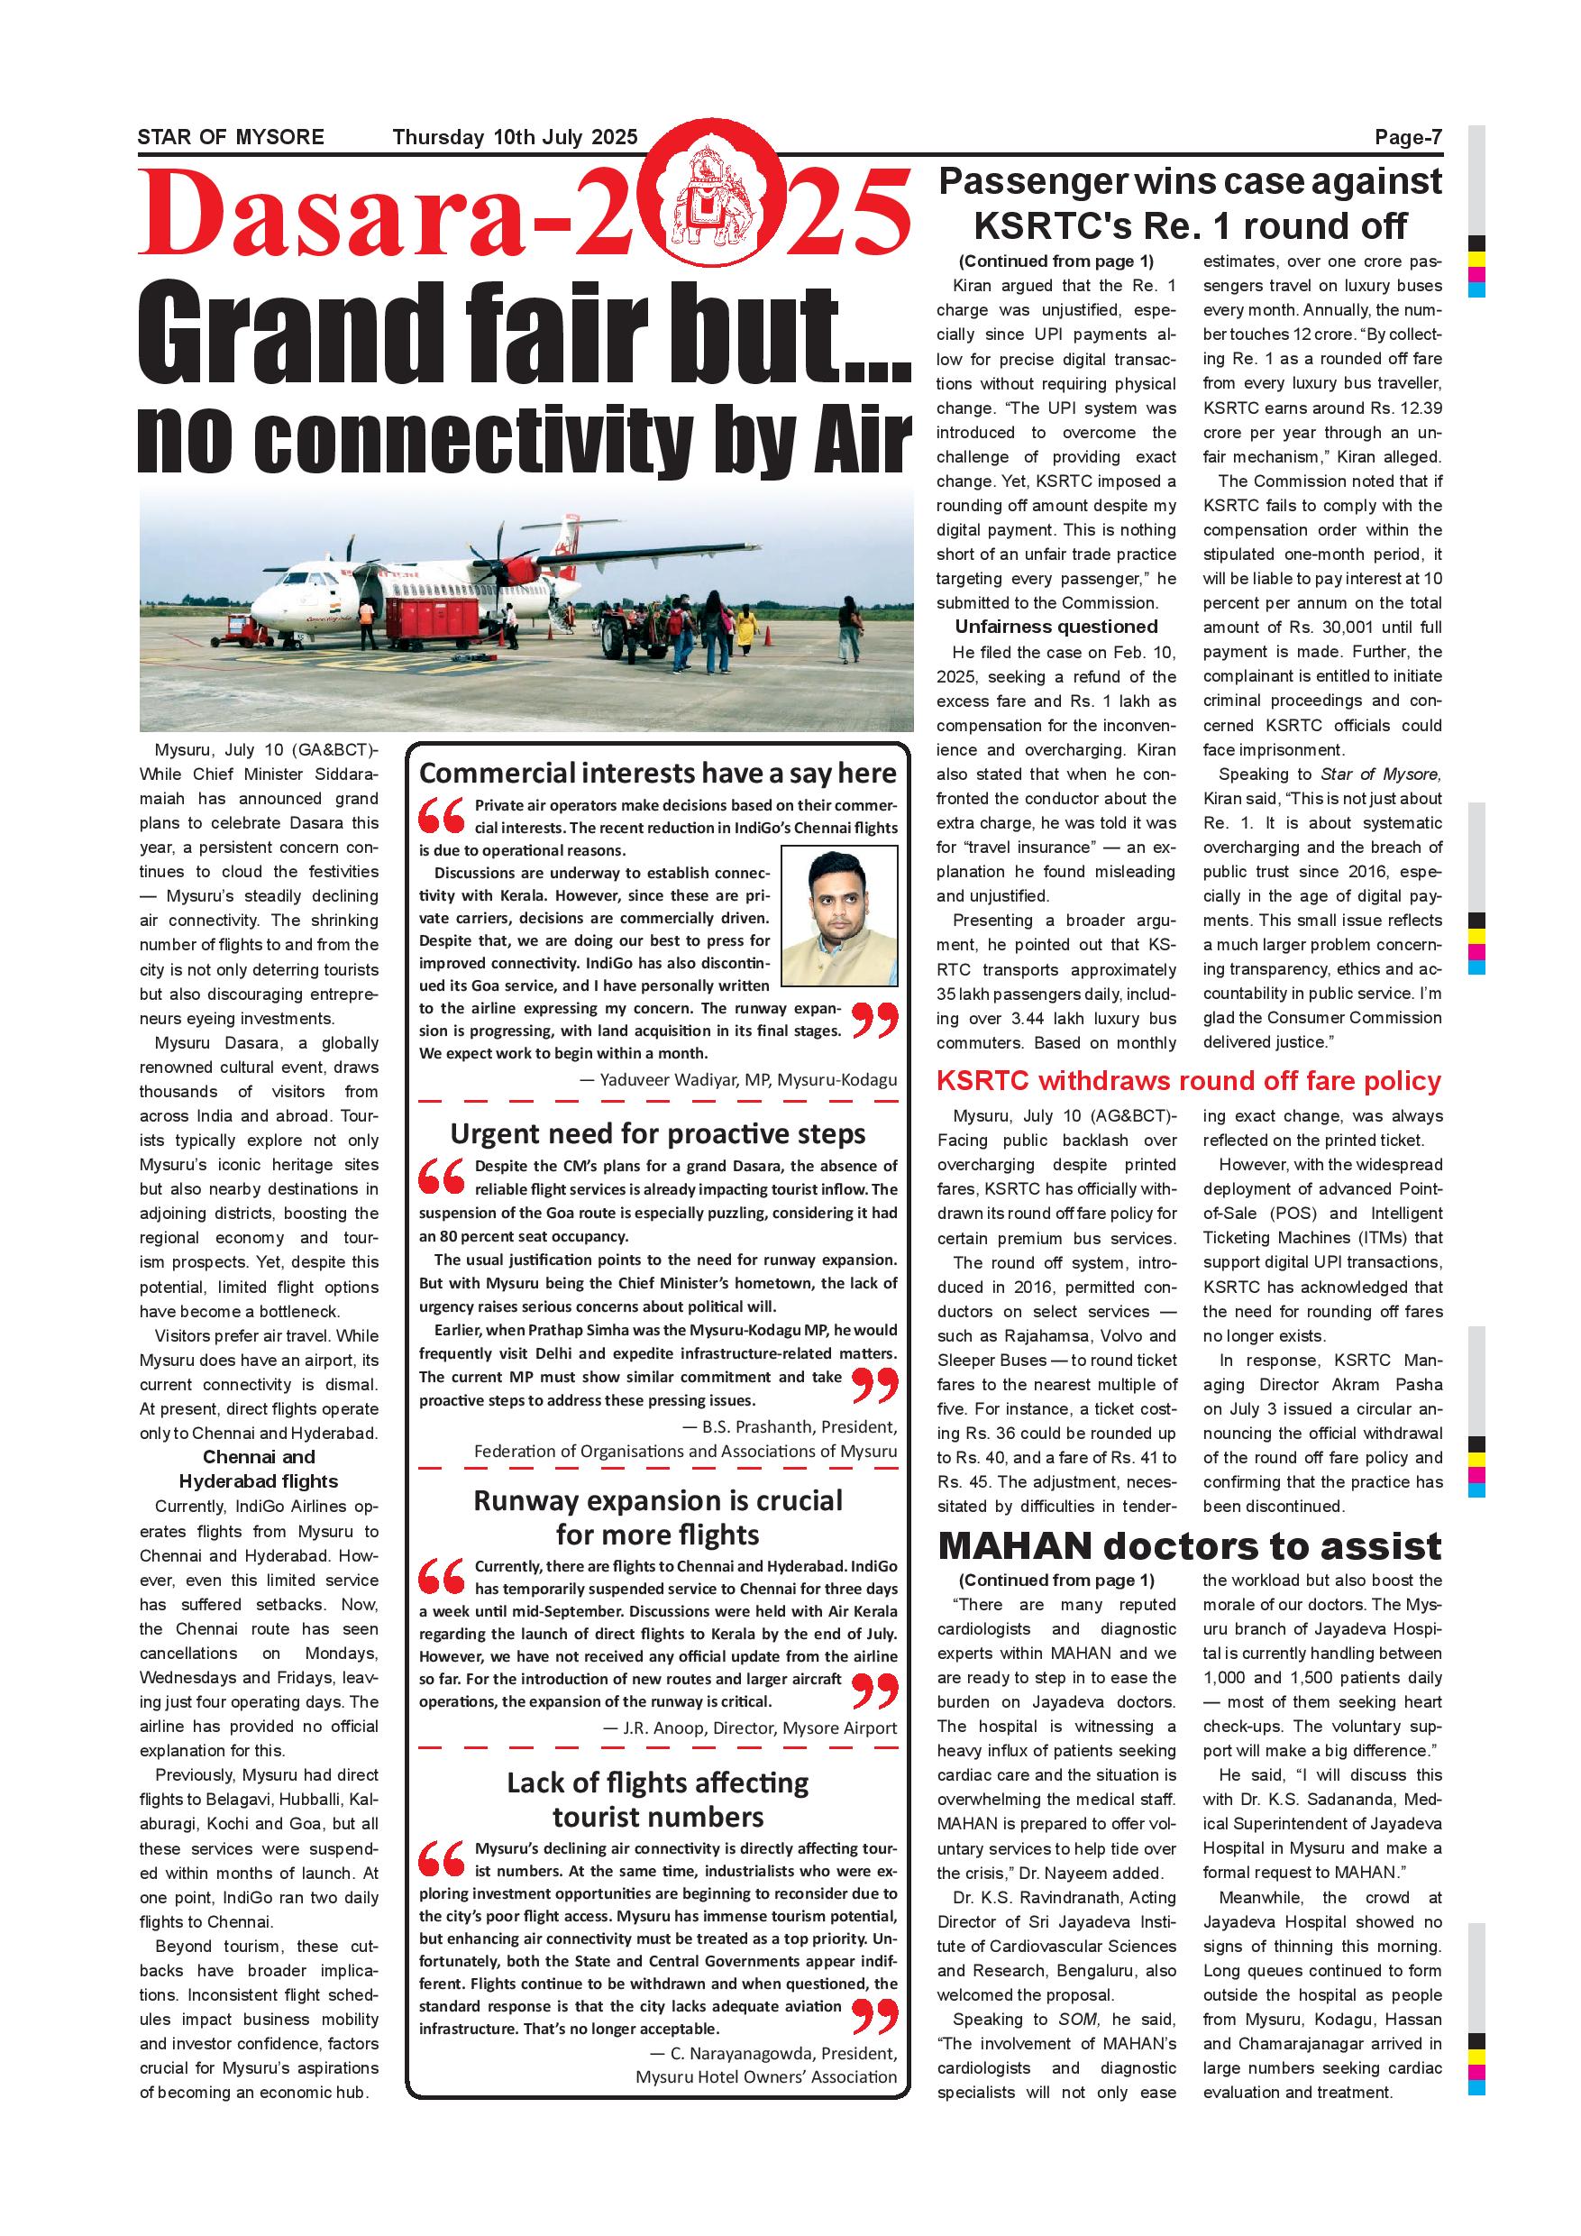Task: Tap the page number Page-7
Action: pyautogui.click(x=1408, y=137)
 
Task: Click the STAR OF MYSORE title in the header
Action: pyautogui.click(x=231, y=137)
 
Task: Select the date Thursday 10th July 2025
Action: pyautogui.click(x=515, y=137)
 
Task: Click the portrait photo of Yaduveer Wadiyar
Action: pyautogui.click(x=839, y=915)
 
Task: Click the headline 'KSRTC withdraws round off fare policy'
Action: pyautogui.click(x=1188, y=1081)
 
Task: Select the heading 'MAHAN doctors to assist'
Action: pyautogui.click(x=1190, y=1545)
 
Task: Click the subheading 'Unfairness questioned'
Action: pyautogui.click(x=1056, y=628)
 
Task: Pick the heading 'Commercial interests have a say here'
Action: pyautogui.click(x=657, y=774)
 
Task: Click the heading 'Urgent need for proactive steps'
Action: pyautogui.click(x=657, y=1133)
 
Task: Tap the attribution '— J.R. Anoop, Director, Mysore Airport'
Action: pyautogui.click(x=750, y=1727)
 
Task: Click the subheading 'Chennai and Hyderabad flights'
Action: pyautogui.click(x=258, y=1470)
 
